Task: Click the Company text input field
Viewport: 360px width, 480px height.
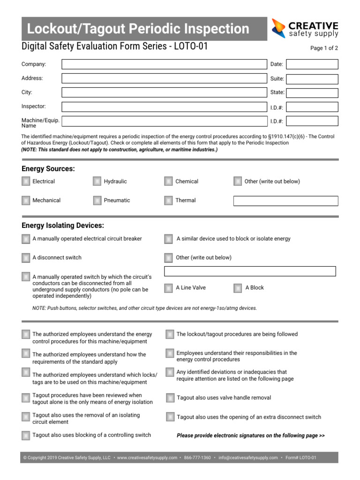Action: pyautogui.click(x=164, y=64)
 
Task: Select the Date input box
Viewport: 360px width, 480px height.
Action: pyautogui.click(x=312, y=64)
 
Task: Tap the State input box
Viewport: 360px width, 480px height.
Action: pyautogui.click(x=312, y=93)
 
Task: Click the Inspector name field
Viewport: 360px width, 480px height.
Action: pyautogui.click(x=164, y=107)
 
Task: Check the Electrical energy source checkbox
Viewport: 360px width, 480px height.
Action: pyautogui.click(x=26, y=181)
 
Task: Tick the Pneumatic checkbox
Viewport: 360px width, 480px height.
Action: pyautogui.click(x=97, y=201)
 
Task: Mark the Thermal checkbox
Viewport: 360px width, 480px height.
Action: pyautogui.click(x=169, y=201)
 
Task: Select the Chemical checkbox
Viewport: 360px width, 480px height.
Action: pyautogui.click(x=169, y=181)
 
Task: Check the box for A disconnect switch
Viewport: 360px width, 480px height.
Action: pyautogui.click(x=26, y=258)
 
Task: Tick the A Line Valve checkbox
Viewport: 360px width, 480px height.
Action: pyautogui.click(x=169, y=288)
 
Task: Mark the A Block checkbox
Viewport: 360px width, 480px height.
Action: pyautogui.click(x=238, y=288)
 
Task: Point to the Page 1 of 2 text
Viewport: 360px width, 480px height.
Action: pyautogui.click(x=324, y=48)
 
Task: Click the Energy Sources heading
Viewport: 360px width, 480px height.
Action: pyautogui.click(x=48, y=169)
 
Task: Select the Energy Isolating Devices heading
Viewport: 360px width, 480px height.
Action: pyautogui.click(x=63, y=225)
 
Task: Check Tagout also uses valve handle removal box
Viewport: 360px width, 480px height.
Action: pyautogui.click(x=170, y=398)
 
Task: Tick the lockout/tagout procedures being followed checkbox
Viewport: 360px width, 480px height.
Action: pyautogui.click(x=170, y=334)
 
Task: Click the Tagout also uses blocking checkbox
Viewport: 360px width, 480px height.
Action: pyautogui.click(x=26, y=435)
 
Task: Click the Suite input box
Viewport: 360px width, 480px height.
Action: pyautogui.click(x=312, y=79)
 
